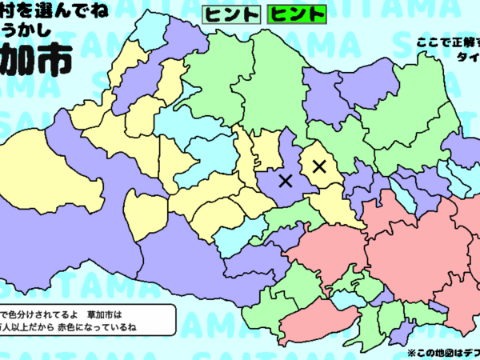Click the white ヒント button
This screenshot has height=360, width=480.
231,14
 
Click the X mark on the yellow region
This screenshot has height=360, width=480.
319,166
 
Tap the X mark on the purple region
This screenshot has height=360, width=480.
285,181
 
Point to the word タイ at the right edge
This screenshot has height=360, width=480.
467,57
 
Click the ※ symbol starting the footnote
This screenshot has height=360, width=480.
411,351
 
